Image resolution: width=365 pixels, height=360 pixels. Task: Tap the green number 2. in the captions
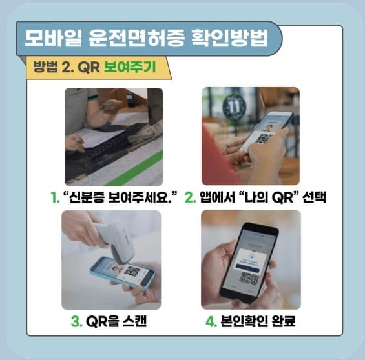coord(191,197)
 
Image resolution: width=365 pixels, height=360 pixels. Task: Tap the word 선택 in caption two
coord(311,197)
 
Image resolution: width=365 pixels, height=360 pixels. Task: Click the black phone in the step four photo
coord(249,264)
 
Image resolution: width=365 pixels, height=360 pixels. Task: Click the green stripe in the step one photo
coord(140,168)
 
